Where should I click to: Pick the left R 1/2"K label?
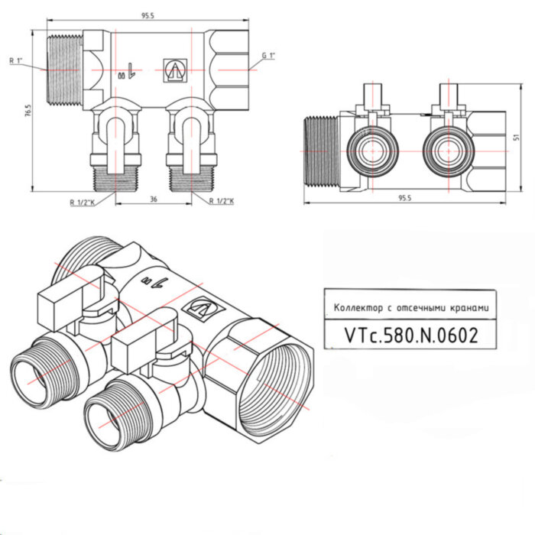[79, 202]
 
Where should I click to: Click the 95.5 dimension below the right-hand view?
[404, 198]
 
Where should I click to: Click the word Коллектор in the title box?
[355, 308]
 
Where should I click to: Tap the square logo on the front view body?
[174, 70]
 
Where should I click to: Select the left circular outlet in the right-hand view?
[369, 150]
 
